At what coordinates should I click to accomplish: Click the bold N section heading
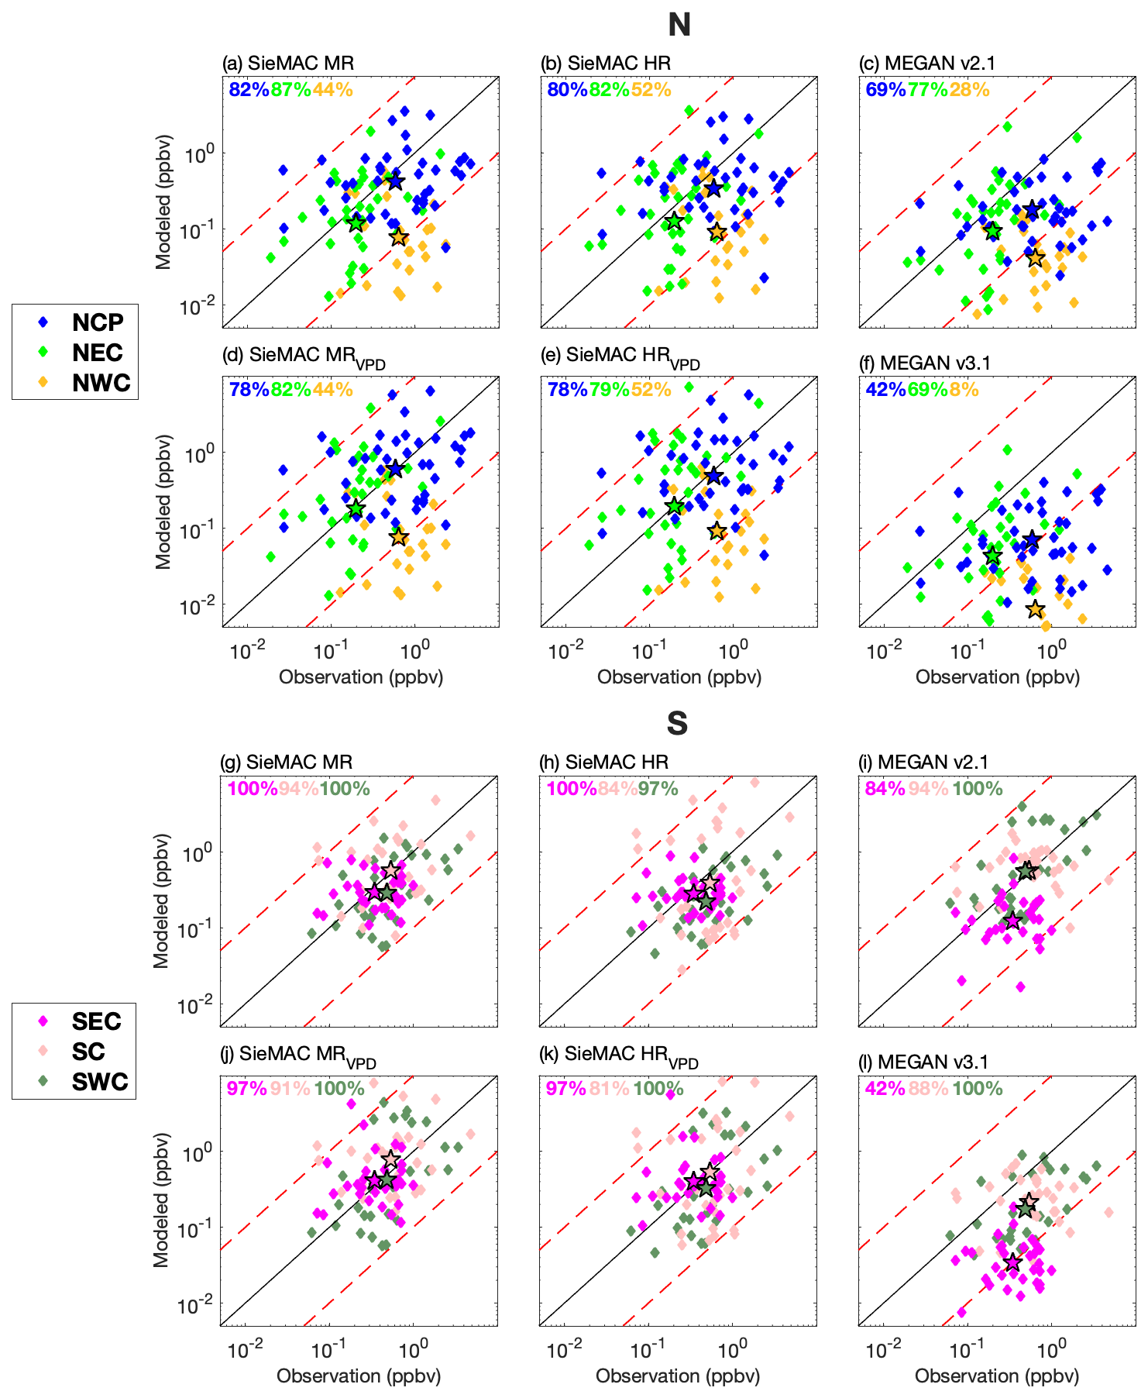[x=679, y=26]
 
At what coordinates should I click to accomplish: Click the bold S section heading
[x=677, y=723]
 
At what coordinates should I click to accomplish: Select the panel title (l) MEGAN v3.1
[x=924, y=1062]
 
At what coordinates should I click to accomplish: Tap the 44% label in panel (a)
[x=333, y=90]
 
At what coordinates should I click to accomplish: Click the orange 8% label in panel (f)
[x=964, y=389]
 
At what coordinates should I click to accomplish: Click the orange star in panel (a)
[x=398, y=237]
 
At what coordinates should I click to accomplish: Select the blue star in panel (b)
[x=713, y=188]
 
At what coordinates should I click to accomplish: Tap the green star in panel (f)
[x=992, y=556]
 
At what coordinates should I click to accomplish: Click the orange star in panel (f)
[x=1036, y=609]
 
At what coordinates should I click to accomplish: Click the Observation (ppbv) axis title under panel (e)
[x=679, y=677]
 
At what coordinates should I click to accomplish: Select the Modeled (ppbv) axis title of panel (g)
[x=161, y=900]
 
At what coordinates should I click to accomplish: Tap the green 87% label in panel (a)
[x=290, y=90]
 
